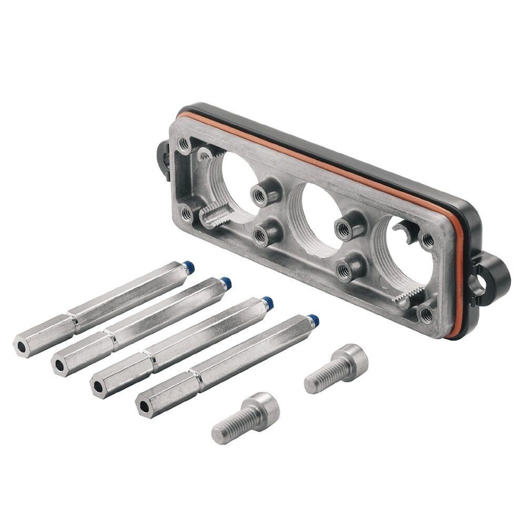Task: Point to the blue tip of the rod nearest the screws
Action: tap(313, 319)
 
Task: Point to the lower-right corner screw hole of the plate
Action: tap(425, 315)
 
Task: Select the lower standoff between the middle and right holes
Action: tap(345, 268)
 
